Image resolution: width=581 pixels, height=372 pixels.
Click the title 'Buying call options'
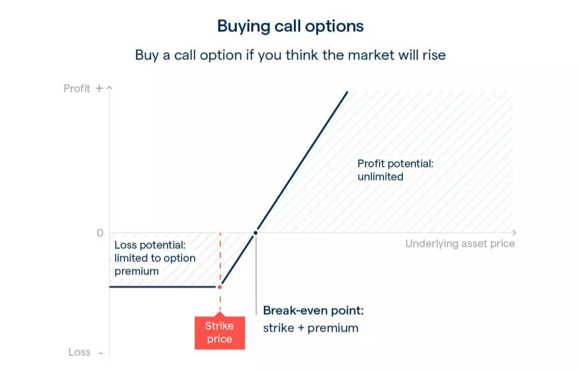point(290,26)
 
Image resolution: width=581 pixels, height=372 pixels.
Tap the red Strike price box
point(220,332)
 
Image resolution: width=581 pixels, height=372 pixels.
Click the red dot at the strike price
point(220,287)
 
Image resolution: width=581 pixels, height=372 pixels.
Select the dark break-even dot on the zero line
point(255,233)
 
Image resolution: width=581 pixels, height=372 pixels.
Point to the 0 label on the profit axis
point(100,233)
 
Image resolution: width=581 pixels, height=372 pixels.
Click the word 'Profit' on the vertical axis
point(77,88)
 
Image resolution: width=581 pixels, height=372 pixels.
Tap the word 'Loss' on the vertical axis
point(79,352)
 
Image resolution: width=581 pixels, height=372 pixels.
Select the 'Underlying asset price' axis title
point(460,244)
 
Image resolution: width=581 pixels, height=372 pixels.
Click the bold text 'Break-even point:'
point(313,311)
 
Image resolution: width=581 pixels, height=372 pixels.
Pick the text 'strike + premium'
point(311,328)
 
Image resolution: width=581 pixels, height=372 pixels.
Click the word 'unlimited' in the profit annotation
point(380,177)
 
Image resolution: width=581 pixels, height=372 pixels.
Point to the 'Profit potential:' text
point(395,164)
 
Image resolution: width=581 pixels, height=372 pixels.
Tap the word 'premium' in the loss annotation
point(136,271)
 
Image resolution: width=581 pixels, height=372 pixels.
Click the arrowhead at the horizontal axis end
point(514,232)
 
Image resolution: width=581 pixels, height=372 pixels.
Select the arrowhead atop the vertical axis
point(110,88)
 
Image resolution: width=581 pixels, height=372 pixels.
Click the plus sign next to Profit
point(99,88)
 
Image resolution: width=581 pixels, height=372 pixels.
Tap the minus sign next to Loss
point(101,353)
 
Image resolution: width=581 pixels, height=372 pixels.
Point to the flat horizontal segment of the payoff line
point(163,287)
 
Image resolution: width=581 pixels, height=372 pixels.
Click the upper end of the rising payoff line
point(347,91)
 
